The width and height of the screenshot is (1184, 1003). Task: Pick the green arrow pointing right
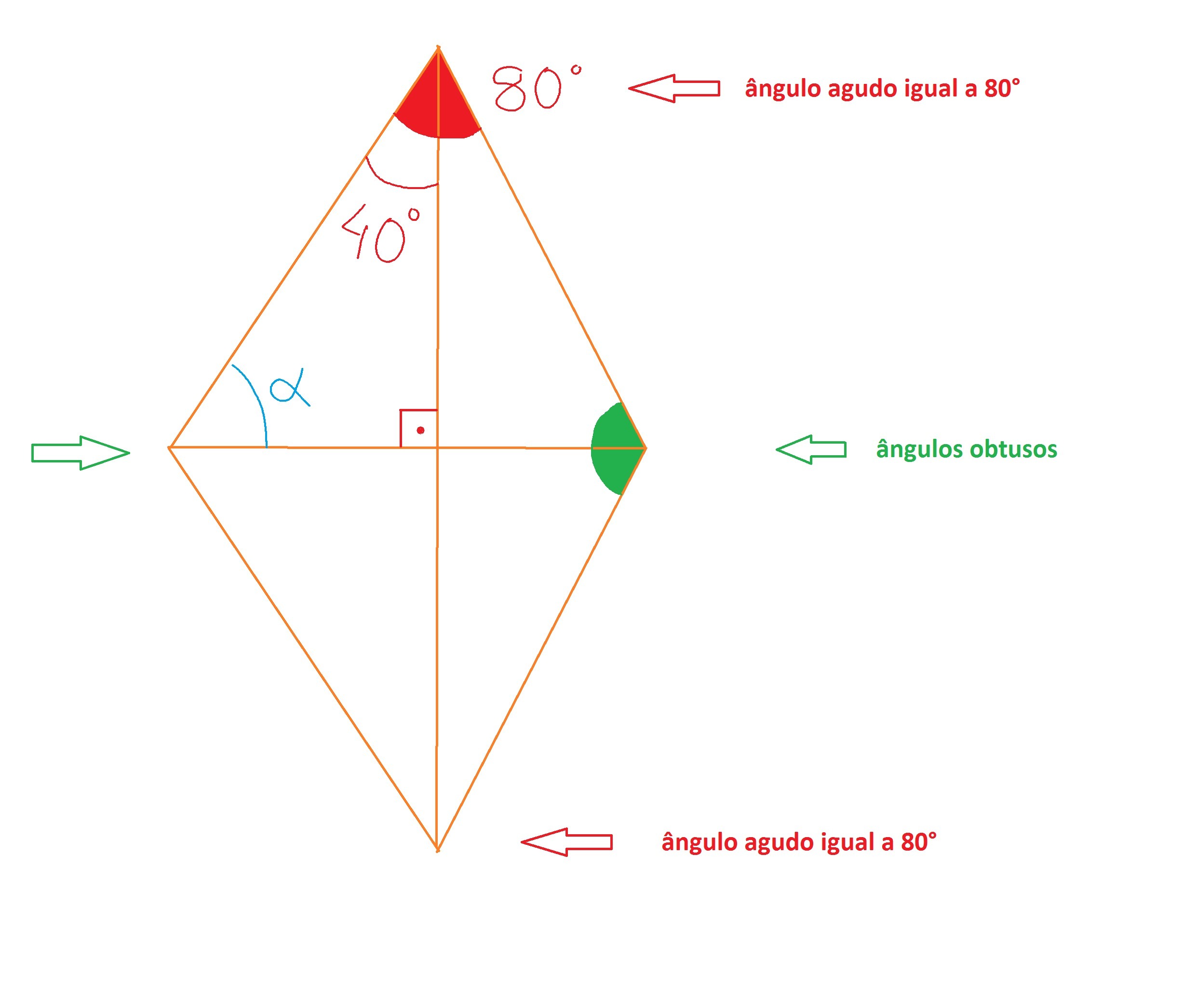point(80,453)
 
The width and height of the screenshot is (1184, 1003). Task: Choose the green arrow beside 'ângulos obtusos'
point(811,450)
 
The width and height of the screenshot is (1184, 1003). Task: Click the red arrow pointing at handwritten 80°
point(674,88)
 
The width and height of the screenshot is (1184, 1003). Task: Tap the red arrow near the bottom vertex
point(567,842)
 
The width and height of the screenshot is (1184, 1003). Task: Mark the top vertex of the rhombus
point(438,48)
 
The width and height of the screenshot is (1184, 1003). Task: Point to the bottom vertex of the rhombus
point(437,851)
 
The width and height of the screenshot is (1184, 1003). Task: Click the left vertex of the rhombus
point(169,447)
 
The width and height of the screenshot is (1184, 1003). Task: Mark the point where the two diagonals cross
point(438,448)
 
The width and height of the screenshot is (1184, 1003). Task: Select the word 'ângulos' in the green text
point(920,450)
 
